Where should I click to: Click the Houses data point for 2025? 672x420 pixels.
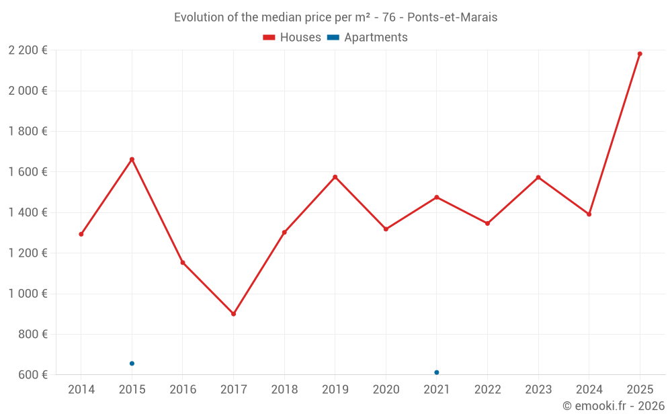(x=640, y=54)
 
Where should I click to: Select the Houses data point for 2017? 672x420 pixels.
(x=233, y=314)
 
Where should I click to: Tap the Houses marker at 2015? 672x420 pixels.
(x=132, y=159)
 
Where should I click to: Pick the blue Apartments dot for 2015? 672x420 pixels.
(x=132, y=364)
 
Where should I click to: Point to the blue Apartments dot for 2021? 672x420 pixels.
(x=437, y=372)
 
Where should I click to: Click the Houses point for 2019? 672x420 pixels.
(x=335, y=177)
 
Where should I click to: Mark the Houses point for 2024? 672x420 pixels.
(x=589, y=214)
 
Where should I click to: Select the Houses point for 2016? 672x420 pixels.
(x=183, y=263)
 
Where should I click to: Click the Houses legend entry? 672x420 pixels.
(x=292, y=38)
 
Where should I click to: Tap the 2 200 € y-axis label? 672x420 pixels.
(x=28, y=50)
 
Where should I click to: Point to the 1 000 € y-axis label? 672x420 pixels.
(x=28, y=294)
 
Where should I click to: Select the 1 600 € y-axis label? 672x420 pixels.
(x=28, y=172)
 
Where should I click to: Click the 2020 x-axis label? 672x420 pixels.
(x=386, y=390)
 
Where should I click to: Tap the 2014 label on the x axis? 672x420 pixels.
(x=81, y=390)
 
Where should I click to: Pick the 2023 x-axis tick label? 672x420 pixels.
(x=538, y=390)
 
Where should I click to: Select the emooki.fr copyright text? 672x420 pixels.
(x=614, y=406)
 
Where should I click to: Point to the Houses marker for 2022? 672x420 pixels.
(x=487, y=223)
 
